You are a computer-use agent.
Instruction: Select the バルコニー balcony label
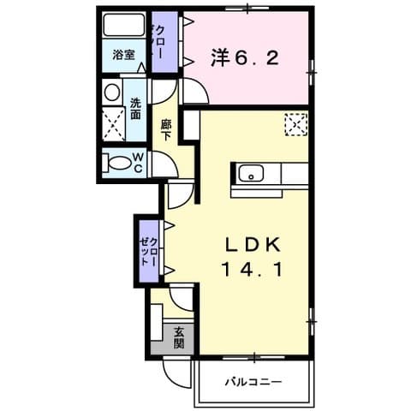tap(253, 381)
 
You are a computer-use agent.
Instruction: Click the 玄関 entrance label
tap(180, 338)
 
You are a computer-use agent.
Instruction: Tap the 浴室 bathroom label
tap(123, 56)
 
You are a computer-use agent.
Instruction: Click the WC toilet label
tap(137, 163)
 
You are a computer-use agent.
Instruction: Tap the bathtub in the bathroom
tap(122, 26)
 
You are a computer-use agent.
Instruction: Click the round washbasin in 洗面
tap(112, 92)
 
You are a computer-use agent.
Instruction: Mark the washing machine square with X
tap(113, 124)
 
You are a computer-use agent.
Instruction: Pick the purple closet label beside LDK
tap(150, 252)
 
